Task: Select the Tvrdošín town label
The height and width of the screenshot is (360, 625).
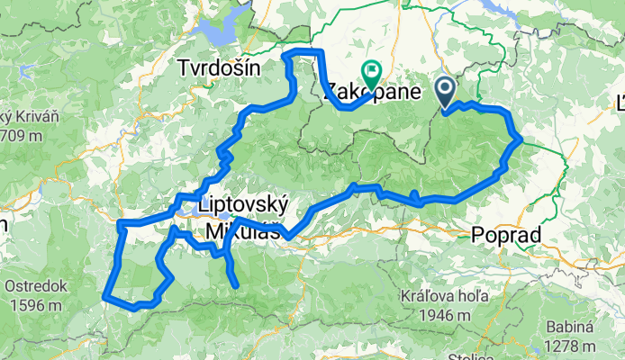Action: [220, 68]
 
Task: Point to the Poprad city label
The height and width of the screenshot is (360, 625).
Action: [505, 236]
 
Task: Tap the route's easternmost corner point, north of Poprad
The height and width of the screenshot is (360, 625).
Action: [521, 139]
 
